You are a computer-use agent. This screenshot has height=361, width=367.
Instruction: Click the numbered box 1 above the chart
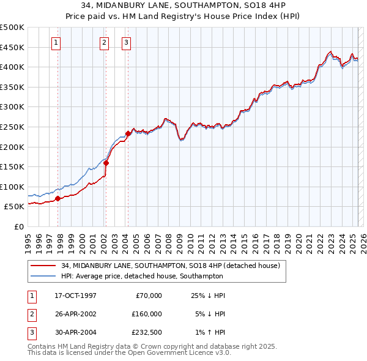tap(56, 42)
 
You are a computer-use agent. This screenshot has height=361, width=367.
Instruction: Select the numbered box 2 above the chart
tap(105, 42)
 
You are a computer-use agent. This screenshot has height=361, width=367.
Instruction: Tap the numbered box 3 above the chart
tap(126, 42)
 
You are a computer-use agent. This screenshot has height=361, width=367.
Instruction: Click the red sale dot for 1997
tap(58, 198)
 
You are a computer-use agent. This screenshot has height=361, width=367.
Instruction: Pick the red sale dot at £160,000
tap(106, 163)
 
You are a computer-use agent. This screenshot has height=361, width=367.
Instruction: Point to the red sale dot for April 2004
tap(128, 133)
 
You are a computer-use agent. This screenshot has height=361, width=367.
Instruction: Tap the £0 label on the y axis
tap(18, 226)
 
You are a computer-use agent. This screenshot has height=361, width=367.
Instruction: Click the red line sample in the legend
tap(43, 266)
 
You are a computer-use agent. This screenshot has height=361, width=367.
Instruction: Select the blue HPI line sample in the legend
tap(43, 276)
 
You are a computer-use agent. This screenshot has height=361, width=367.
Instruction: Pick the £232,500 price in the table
tap(147, 332)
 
